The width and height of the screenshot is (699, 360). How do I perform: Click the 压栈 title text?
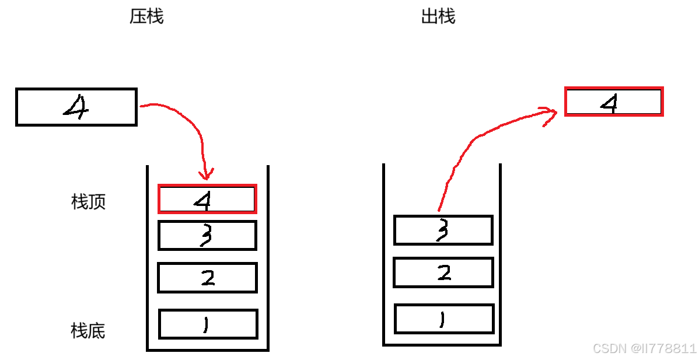(x=146, y=16)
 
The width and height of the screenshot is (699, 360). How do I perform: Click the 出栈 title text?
(x=438, y=16)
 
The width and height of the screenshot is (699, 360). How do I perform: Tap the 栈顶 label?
(x=88, y=202)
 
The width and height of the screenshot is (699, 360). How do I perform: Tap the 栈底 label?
(x=88, y=331)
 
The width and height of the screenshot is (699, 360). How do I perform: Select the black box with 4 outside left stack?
(x=76, y=107)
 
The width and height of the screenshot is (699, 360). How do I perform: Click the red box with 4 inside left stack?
(x=207, y=199)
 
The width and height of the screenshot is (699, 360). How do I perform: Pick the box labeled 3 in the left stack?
(x=207, y=236)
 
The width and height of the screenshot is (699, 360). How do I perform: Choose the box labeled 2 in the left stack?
(x=207, y=277)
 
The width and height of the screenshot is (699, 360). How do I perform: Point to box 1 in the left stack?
(x=208, y=324)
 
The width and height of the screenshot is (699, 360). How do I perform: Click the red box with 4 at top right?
(x=614, y=102)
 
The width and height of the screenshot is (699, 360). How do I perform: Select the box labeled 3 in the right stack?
(x=443, y=230)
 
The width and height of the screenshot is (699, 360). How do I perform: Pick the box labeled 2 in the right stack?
(x=443, y=272)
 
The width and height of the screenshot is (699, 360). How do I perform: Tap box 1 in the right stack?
(x=444, y=319)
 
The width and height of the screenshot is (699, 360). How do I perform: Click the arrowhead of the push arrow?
(x=206, y=174)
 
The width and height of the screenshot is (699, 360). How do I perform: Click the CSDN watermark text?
(x=644, y=348)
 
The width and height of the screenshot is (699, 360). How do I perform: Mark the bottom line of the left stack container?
(x=207, y=350)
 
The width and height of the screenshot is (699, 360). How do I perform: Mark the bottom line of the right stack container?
(x=442, y=345)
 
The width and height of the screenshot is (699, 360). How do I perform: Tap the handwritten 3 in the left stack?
(x=205, y=236)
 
